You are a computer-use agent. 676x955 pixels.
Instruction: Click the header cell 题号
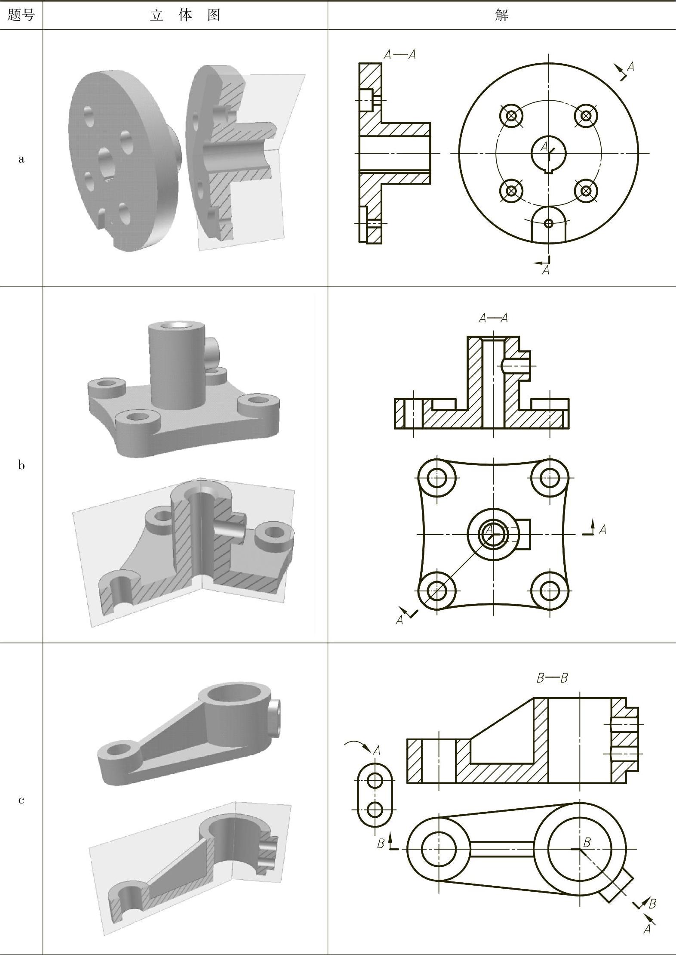point(21,15)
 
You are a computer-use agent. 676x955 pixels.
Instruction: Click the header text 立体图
point(185,15)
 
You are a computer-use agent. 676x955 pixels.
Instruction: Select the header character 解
point(501,15)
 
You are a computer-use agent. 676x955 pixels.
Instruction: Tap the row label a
point(21,159)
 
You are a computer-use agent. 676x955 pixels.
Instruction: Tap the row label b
point(21,465)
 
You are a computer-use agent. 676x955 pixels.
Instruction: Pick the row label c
point(21,800)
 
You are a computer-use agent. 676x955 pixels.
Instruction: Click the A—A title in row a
point(400,55)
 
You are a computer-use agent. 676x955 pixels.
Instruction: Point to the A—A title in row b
point(493,318)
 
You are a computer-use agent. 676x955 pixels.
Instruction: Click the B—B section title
point(552,678)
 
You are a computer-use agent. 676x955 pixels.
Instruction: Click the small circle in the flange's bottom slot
point(548,223)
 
